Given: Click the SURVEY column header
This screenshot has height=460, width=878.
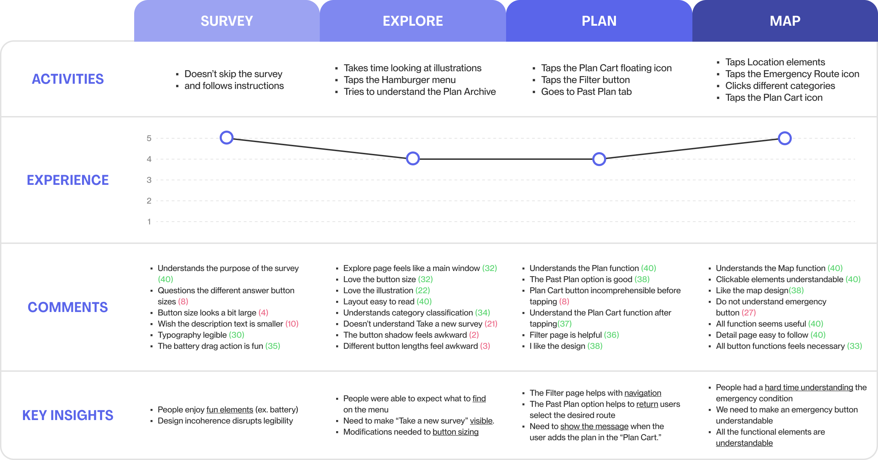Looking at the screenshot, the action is [x=227, y=21].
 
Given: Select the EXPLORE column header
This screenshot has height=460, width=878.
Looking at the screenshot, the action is [x=413, y=21].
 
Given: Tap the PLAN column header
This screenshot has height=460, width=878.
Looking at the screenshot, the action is [x=599, y=21].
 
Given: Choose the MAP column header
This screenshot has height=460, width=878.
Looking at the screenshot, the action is [x=785, y=21].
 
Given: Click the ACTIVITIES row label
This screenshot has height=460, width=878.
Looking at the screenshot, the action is [x=68, y=79].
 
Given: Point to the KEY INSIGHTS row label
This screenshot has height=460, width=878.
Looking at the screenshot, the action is [x=68, y=415].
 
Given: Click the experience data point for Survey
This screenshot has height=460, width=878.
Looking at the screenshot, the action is [x=227, y=138].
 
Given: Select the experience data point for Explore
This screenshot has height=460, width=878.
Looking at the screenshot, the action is [x=413, y=159].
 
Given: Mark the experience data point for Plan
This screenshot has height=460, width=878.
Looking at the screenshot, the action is [x=599, y=159].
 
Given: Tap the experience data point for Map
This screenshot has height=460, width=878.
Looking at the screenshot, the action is [x=785, y=138].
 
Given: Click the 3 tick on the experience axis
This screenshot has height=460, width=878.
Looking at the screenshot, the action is [x=149, y=180].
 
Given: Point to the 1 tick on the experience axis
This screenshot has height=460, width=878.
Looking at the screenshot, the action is [x=149, y=222].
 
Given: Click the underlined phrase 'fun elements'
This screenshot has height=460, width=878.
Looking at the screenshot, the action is [x=230, y=410].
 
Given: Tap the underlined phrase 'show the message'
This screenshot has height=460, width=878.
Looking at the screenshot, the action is [x=594, y=427].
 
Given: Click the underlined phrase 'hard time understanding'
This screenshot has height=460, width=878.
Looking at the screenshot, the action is [x=809, y=388].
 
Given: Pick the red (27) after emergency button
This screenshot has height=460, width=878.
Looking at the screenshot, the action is [x=749, y=313].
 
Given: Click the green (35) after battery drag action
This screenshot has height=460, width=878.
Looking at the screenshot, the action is [x=273, y=346].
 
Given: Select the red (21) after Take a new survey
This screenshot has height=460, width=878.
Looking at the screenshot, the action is [x=491, y=324].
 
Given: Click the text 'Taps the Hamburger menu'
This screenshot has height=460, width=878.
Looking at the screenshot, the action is [x=400, y=80].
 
